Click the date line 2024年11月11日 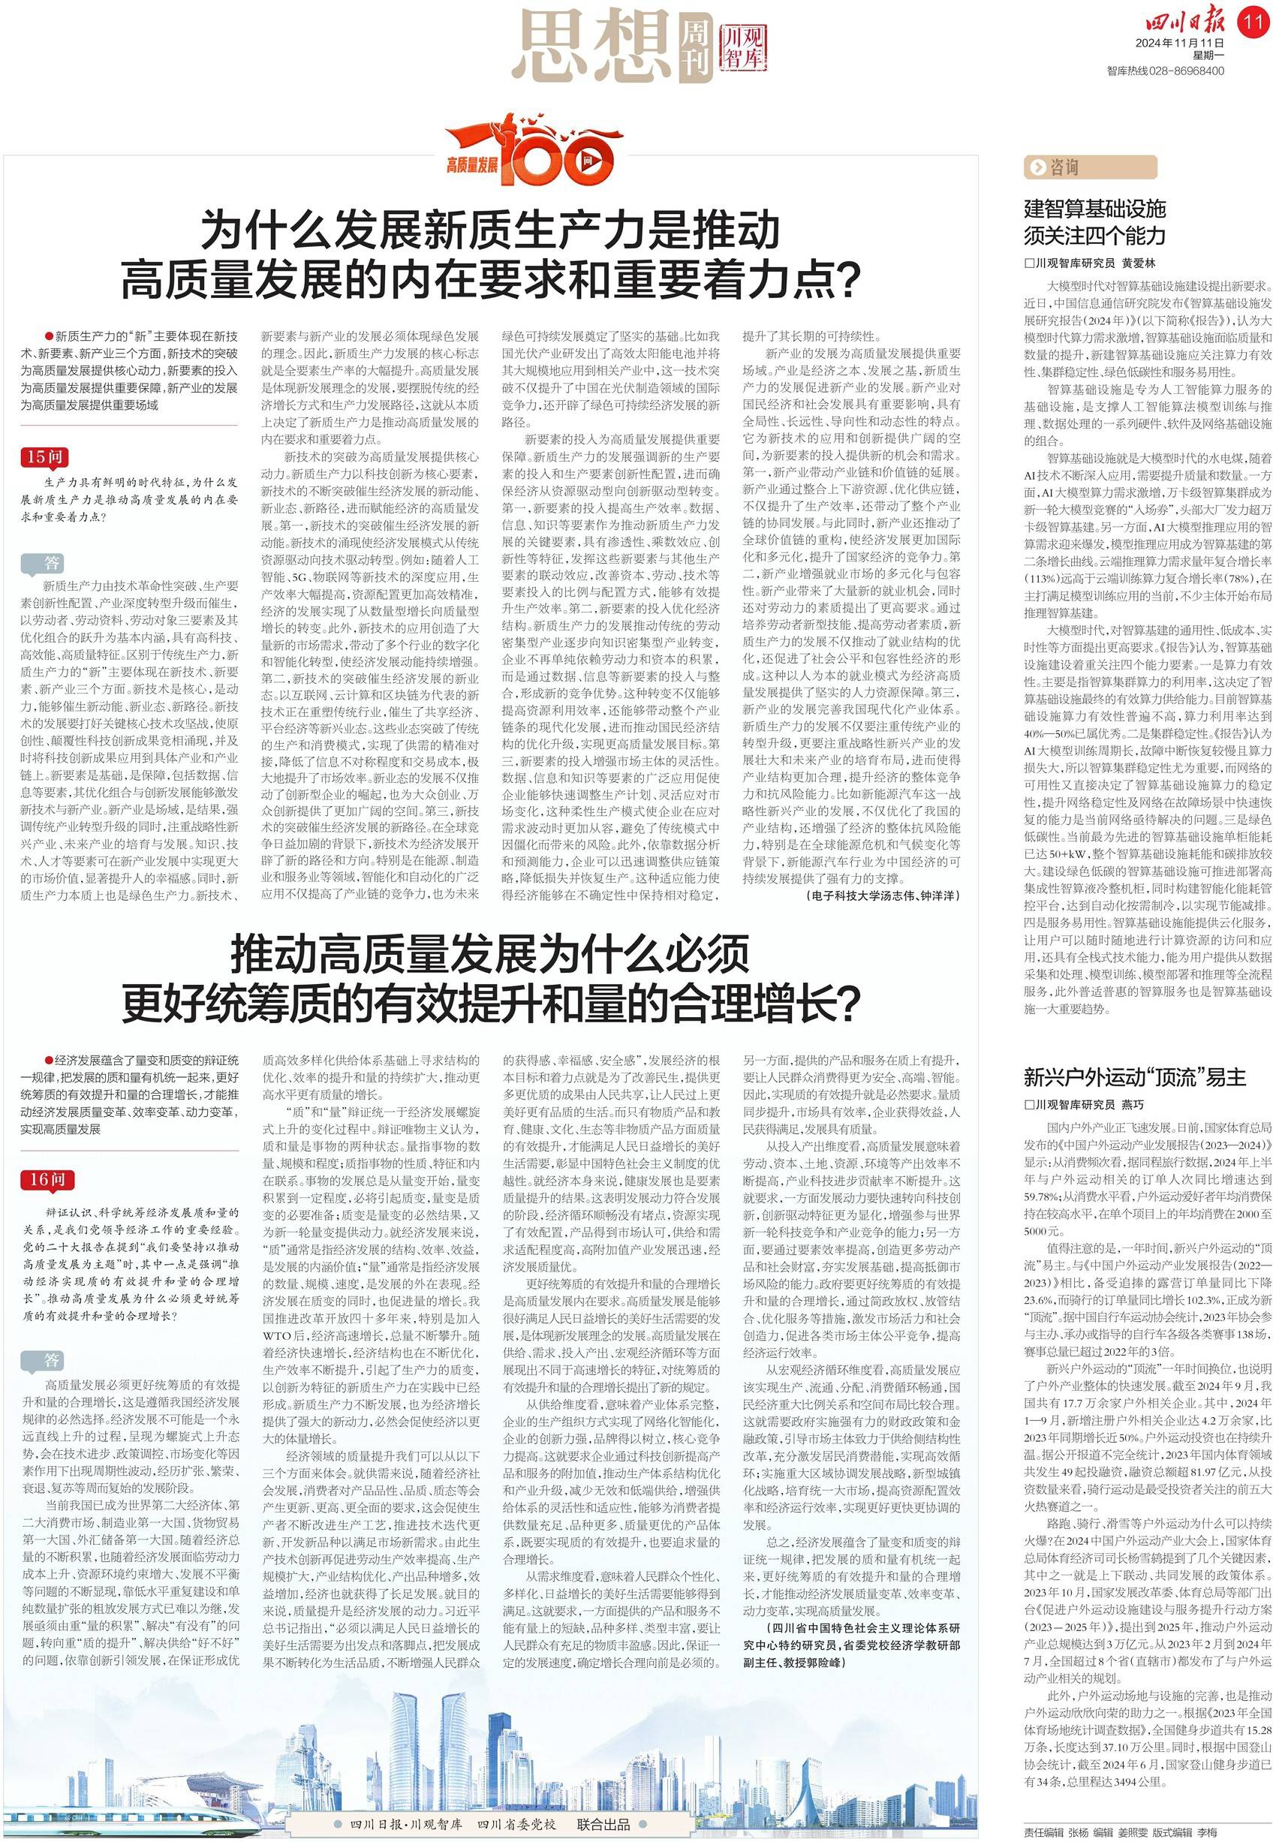tap(1180, 42)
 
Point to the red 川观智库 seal tap(743, 47)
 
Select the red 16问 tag tap(48, 1179)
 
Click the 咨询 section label tap(1090, 167)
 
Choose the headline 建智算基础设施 tap(1094, 209)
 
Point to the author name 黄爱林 tap(1139, 263)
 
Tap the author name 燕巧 tap(1132, 1104)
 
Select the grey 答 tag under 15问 tap(52, 563)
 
